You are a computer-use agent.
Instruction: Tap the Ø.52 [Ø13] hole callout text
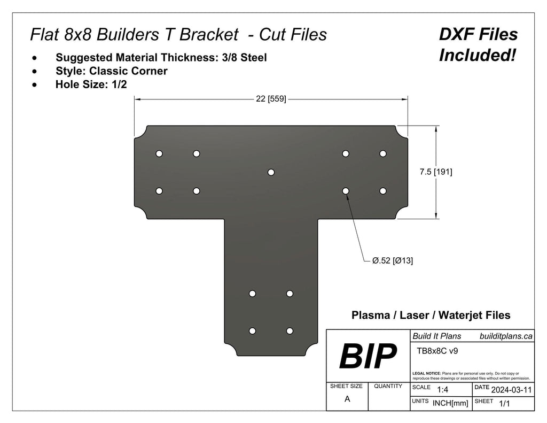coord(392,261)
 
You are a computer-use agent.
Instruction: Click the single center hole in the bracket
coord(271,172)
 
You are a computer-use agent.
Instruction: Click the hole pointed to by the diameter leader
coord(346,190)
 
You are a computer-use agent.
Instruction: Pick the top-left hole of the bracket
coord(159,153)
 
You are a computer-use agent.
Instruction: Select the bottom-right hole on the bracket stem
coord(290,331)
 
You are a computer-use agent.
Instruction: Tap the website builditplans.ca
coord(505,336)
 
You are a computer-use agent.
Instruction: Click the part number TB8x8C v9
coord(436,351)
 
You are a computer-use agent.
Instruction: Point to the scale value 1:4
coord(442,390)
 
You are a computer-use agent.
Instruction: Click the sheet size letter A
coord(347,399)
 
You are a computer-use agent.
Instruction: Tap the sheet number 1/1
coord(504,404)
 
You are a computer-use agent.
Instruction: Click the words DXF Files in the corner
coord(478,35)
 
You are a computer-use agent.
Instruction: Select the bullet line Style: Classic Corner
coord(111,71)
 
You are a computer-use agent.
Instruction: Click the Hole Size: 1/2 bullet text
coord(91,84)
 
